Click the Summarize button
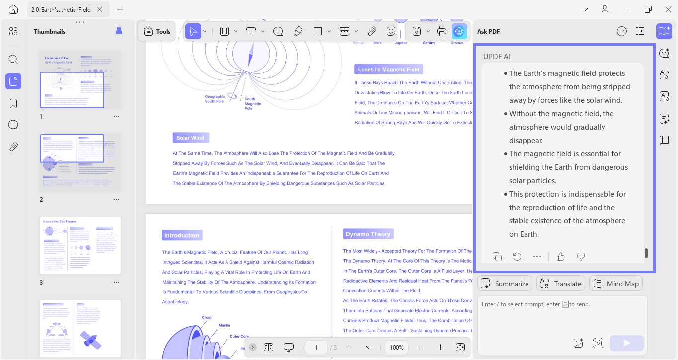point(505,284)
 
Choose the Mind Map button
point(615,284)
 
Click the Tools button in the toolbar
point(157,31)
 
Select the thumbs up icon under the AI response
point(561,256)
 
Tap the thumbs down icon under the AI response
point(581,256)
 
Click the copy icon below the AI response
point(497,256)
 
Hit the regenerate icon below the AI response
point(517,256)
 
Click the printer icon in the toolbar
point(442,31)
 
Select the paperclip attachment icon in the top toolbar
point(372,31)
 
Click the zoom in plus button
point(440,347)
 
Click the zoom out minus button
point(421,347)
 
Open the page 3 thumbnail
point(80,245)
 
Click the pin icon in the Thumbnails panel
point(119,31)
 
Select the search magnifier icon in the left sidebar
point(13,60)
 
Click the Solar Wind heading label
point(190,138)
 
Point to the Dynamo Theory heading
point(368,234)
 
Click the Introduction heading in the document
point(181,235)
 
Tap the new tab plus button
point(120,9)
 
